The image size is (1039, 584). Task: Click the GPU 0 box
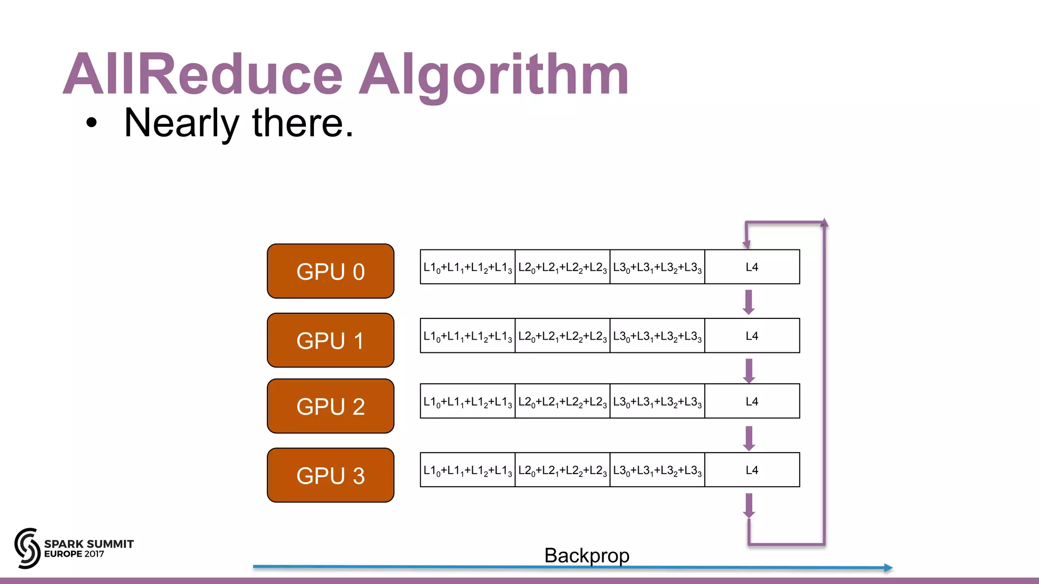(x=330, y=271)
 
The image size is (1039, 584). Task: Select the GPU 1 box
(x=330, y=340)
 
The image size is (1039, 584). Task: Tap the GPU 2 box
(x=330, y=406)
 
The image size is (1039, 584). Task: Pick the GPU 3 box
(x=330, y=475)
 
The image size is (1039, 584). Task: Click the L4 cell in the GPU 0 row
(x=752, y=267)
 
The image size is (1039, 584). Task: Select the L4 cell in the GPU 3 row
(x=752, y=470)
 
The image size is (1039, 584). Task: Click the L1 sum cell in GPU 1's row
(x=467, y=336)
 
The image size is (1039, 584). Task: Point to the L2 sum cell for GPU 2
(x=562, y=401)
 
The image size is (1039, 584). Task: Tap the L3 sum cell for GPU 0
(x=657, y=267)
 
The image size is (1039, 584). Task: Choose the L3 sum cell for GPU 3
(x=657, y=470)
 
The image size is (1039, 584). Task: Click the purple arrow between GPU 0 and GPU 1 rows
(x=749, y=302)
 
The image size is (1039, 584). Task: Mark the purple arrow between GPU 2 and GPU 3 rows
(x=749, y=438)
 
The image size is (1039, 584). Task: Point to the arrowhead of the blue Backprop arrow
(x=888, y=568)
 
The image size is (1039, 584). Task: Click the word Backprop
(x=586, y=555)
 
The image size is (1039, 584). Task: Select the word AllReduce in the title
(x=203, y=75)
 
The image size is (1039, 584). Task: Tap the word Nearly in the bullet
(x=181, y=123)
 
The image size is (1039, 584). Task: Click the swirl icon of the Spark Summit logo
(x=27, y=548)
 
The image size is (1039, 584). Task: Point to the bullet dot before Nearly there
(x=91, y=123)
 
